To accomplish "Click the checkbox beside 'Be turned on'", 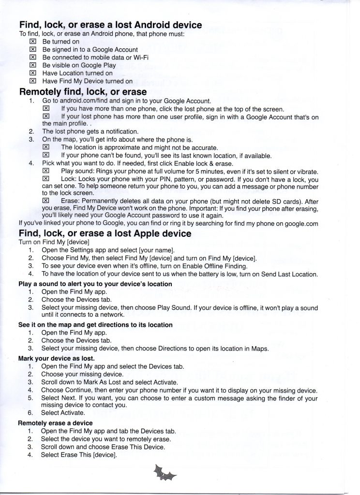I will point(33,42).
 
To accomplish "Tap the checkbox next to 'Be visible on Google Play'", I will point(33,65).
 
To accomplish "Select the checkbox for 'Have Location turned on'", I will point(33,73).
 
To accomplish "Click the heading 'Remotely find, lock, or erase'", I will point(83,91).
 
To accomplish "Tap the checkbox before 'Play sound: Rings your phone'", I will point(46,172).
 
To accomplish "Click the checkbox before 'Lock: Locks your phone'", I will point(46,179).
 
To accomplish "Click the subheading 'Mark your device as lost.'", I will point(56,359).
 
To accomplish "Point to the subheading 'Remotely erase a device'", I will point(55,423).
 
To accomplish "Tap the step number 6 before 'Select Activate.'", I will point(30,413).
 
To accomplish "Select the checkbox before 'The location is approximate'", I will point(46,147).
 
